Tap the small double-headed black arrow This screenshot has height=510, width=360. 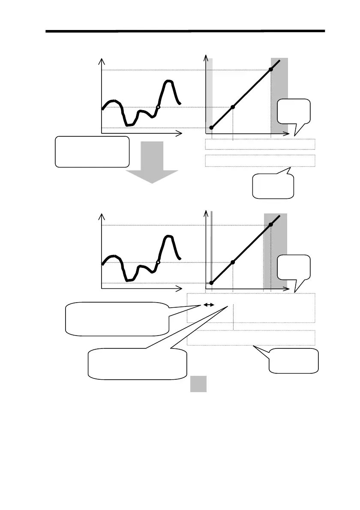coord(208,305)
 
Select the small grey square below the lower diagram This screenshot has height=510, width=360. coord(198,384)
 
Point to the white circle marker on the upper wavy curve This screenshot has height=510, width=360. coord(158,107)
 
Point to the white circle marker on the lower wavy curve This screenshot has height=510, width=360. coord(158,262)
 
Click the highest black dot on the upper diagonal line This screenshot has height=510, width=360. coord(271,69)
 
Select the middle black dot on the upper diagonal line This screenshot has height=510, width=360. coord(233,107)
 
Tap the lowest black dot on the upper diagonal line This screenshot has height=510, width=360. coord(211,128)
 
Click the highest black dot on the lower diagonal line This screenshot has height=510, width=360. coord(271,225)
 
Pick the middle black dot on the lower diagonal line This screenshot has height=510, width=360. coord(233,262)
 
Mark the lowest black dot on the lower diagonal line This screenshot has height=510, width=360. coord(211,283)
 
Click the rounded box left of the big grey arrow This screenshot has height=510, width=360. coord(92,151)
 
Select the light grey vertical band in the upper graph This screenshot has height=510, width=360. coord(210,94)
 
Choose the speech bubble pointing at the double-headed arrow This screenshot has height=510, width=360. coord(116,318)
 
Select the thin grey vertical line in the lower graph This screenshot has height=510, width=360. coord(212,249)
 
